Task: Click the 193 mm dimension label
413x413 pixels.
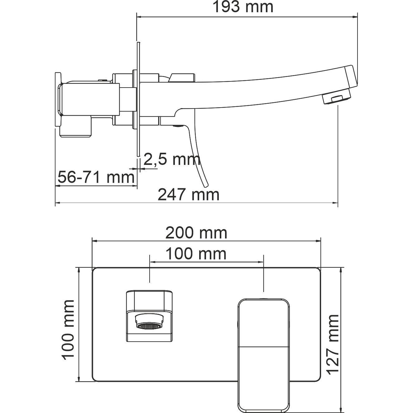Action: click(x=243, y=7)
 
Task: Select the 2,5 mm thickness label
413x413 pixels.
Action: click(x=172, y=160)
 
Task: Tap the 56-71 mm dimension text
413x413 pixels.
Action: click(x=96, y=177)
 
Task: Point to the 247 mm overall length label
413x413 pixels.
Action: click(x=189, y=195)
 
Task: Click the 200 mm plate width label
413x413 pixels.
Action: click(x=196, y=233)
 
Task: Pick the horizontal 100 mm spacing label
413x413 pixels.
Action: click(x=196, y=254)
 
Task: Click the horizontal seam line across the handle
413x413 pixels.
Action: click(x=263, y=347)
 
